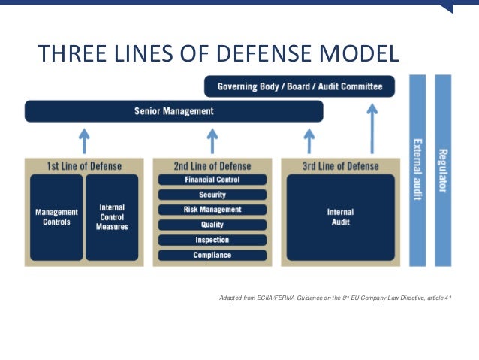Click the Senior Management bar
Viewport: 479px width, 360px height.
coord(174,111)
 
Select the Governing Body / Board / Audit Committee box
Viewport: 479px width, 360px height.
coord(300,86)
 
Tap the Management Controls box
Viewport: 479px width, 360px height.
coord(56,217)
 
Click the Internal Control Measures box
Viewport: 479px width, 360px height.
coord(112,217)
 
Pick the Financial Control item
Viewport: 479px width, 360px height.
coord(212,180)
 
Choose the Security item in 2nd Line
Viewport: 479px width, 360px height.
coord(212,195)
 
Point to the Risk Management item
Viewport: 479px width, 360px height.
coord(212,210)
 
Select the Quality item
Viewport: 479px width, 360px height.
coord(212,225)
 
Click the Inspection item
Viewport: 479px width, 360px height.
coord(212,240)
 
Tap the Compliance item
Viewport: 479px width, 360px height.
coord(212,256)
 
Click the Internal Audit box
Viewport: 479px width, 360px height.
coord(339,217)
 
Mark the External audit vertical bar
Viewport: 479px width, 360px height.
coord(417,170)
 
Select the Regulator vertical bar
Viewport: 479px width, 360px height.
coord(443,170)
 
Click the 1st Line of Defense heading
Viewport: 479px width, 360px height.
coord(84,165)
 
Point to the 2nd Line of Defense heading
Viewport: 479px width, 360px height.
coord(212,165)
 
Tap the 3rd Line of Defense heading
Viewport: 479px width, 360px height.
coord(339,165)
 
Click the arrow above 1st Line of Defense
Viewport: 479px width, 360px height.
coord(85,141)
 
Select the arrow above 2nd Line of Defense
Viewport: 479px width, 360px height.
coord(212,141)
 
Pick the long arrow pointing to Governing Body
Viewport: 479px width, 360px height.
coord(372,128)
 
